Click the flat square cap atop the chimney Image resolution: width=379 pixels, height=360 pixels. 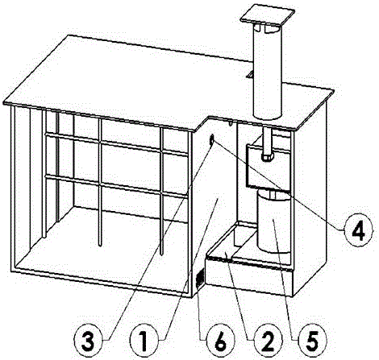pyautogui.click(x=268, y=15)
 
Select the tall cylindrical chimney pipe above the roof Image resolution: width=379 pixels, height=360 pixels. pyautogui.click(x=268, y=72)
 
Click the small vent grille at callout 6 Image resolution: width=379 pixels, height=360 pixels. pyautogui.click(x=200, y=279)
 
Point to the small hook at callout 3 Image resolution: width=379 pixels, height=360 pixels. pyautogui.click(x=211, y=139)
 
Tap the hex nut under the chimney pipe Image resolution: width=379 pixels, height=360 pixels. pyautogui.click(x=267, y=157)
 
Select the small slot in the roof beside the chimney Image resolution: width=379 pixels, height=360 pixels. pyautogui.click(x=250, y=74)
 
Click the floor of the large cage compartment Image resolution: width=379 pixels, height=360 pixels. pyautogui.click(x=102, y=242)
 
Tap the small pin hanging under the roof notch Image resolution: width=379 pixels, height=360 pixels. pyautogui.click(x=231, y=123)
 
